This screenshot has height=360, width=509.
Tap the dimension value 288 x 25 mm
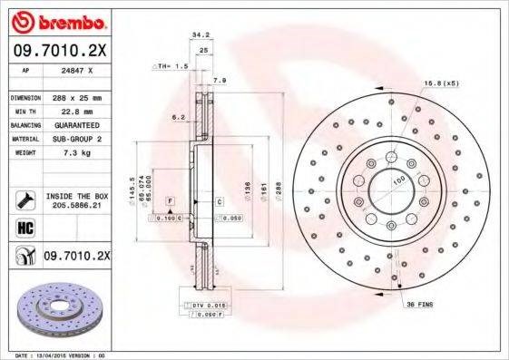click(76, 96)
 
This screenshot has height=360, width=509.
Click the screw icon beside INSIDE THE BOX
click(24, 200)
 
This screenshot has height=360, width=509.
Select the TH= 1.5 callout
click(172, 66)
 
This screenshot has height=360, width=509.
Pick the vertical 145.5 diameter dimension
click(132, 187)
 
